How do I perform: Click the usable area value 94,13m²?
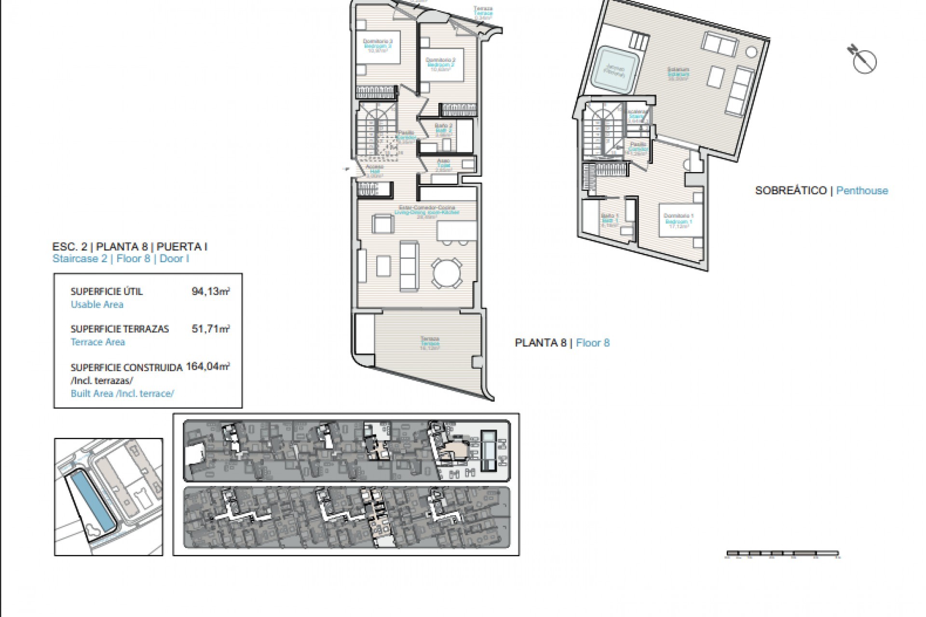210,291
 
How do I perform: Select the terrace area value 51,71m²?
210,329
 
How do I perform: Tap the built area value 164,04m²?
208,366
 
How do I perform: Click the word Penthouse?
862,190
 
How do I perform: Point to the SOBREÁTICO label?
790,190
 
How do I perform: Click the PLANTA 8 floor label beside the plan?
540,343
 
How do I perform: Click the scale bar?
783,554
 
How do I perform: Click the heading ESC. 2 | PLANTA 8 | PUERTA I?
130,247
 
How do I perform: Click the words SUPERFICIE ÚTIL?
107,292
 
